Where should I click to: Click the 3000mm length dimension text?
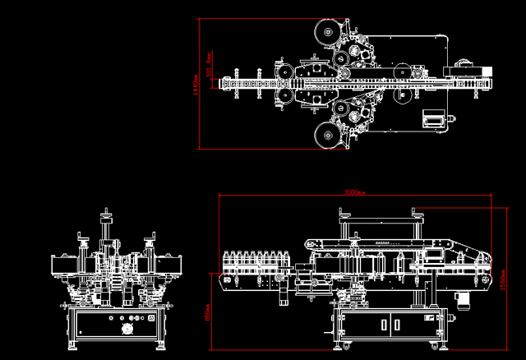point(354,192)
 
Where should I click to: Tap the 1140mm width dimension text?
point(195,83)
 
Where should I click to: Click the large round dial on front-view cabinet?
point(127,330)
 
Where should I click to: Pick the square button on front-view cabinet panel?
point(151,317)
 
